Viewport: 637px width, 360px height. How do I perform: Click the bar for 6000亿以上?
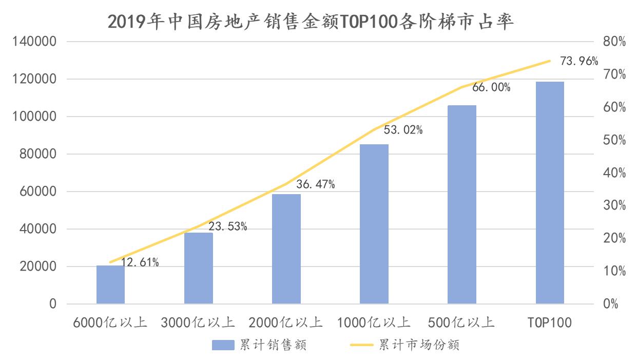(x=110, y=285)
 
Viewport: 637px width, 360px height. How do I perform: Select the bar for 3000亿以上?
(x=198, y=268)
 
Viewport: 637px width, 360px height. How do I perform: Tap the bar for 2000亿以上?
(x=286, y=249)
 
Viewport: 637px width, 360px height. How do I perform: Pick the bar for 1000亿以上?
(x=374, y=224)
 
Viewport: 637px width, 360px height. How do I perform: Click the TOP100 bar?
(x=550, y=193)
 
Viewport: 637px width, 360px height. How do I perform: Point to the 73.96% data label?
(x=579, y=62)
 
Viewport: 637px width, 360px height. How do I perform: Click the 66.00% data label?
(x=491, y=87)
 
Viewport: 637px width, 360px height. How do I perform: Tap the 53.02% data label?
(x=403, y=130)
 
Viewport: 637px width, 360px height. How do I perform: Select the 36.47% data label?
(x=315, y=184)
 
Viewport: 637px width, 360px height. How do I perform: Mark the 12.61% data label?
(x=140, y=263)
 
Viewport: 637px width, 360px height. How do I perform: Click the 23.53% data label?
(x=227, y=226)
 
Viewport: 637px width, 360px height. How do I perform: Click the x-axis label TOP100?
(x=550, y=323)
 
